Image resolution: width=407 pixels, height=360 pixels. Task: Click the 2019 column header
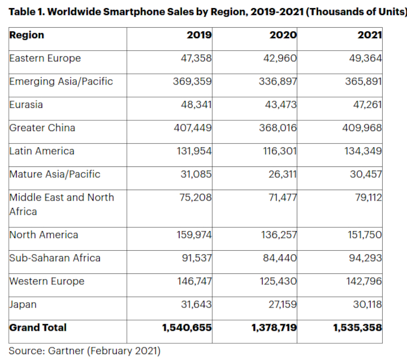point(199,35)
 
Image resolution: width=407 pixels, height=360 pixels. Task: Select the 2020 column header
point(283,35)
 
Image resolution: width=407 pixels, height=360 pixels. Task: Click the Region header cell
point(27,35)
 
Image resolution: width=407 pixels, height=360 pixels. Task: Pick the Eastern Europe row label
point(45,58)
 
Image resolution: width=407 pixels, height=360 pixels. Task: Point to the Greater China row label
point(42,128)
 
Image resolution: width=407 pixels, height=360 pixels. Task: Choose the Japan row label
point(24,305)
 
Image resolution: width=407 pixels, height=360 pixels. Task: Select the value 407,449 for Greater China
point(193,128)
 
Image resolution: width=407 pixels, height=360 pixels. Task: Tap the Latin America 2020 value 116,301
point(278,151)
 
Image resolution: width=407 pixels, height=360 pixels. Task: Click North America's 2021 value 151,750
point(364,235)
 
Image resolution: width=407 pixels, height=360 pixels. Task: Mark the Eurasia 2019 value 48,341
point(196,105)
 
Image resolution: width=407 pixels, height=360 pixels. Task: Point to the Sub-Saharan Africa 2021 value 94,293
point(366,258)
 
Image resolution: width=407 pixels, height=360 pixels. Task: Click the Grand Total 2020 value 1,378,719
point(274,328)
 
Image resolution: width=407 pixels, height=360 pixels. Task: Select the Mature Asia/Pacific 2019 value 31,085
point(196,174)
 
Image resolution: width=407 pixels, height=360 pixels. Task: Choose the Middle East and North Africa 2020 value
point(281,197)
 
